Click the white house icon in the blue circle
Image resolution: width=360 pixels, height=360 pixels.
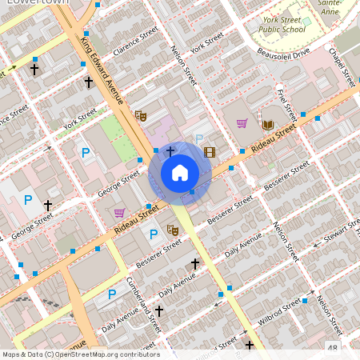[x=180, y=172]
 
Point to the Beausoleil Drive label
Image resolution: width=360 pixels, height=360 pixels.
[x=283, y=55]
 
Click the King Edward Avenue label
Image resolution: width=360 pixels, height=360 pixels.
[x=102, y=70]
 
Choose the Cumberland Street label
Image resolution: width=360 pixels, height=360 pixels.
[x=140, y=302]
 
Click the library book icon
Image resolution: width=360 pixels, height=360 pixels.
[x=268, y=124]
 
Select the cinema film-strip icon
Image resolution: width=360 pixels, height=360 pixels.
[x=210, y=152]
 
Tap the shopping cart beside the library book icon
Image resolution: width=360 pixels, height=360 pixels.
[x=242, y=123]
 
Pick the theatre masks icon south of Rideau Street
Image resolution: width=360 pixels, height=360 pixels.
[x=171, y=230]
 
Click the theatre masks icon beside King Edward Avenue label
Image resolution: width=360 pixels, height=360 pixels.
[x=142, y=115]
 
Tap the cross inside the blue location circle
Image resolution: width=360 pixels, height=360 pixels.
[x=170, y=151]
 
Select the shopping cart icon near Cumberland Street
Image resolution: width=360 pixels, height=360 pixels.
[x=120, y=212]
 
